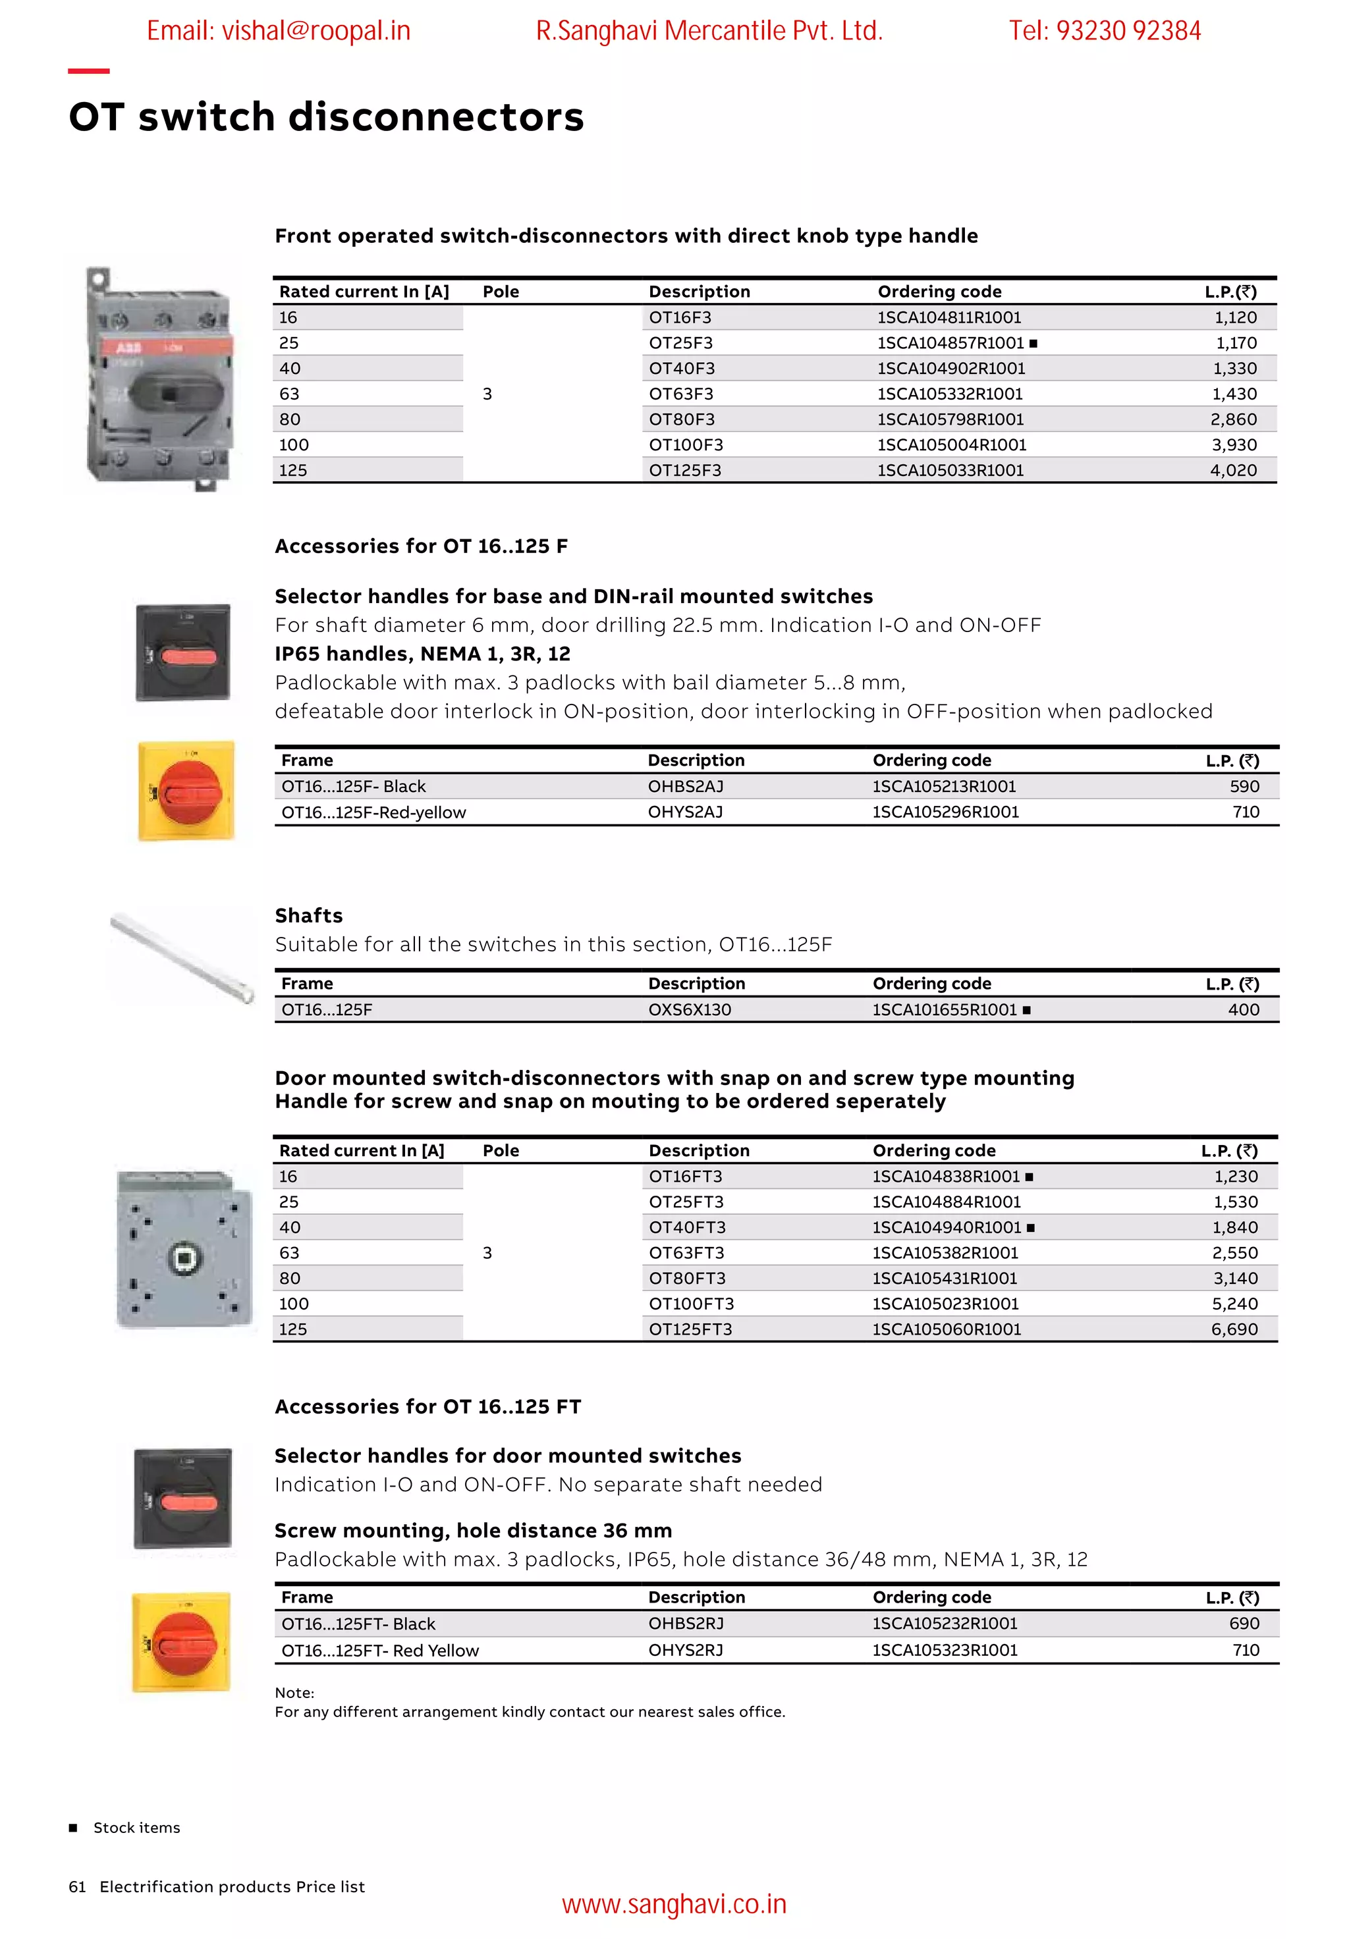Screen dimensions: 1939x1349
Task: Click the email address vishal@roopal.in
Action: click(x=278, y=31)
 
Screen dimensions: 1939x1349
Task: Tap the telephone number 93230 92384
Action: click(x=1128, y=31)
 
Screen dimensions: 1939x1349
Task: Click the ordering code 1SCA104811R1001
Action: click(x=949, y=317)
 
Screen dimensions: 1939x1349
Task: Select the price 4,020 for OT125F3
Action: click(x=1232, y=470)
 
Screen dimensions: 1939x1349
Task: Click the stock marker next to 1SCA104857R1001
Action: click(x=1033, y=344)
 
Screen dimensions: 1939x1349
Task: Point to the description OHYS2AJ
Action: click(x=685, y=812)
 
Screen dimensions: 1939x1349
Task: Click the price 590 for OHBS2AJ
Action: click(x=1244, y=786)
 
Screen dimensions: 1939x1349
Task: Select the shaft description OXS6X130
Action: click(x=689, y=1010)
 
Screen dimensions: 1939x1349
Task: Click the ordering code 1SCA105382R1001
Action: click(x=945, y=1253)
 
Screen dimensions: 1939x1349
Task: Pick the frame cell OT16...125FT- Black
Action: click(x=358, y=1624)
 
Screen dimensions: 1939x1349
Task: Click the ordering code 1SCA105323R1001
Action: click(x=945, y=1650)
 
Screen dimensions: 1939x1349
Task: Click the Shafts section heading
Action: click(x=308, y=916)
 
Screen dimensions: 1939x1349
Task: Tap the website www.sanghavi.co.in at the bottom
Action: click(x=673, y=1905)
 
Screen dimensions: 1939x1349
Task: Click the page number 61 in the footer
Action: click(x=77, y=1886)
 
